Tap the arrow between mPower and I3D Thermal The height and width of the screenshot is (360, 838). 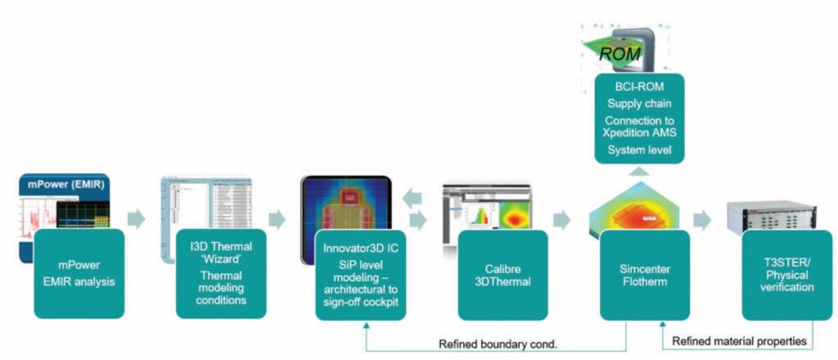(137, 219)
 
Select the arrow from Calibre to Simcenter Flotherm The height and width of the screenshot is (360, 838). (562, 220)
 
